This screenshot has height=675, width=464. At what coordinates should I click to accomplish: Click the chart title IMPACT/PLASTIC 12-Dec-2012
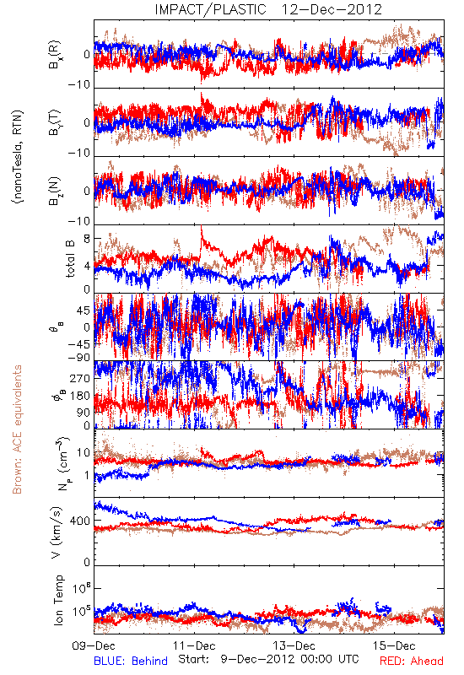pyautogui.click(x=268, y=9)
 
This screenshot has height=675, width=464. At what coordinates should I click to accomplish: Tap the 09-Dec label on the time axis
pyautogui.click(x=94, y=645)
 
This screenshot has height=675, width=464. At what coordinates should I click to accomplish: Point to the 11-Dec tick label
pyautogui.click(x=194, y=645)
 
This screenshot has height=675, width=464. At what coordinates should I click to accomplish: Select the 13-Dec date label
pyautogui.click(x=294, y=645)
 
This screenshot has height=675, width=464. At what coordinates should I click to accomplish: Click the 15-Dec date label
pyautogui.click(x=394, y=645)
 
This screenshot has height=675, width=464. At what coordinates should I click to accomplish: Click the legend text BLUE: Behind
pyautogui.click(x=131, y=661)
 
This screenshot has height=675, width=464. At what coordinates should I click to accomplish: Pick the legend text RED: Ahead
pyautogui.click(x=412, y=661)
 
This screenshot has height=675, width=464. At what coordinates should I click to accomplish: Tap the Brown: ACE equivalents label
pyautogui.click(x=17, y=429)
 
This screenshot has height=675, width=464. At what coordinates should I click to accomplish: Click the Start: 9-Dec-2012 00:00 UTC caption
pyautogui.click(x=268, y=659)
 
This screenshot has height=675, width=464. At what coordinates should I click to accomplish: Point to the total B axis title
pyautogui.click(x=70, y=259)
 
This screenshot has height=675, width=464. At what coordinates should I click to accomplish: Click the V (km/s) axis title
pyautogui.click(x=57, y=532)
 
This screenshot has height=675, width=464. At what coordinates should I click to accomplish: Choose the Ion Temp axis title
pyautogui.click(x=58, y=600)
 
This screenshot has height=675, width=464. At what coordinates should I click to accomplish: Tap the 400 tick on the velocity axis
pyautogui.click(x=80, y=521)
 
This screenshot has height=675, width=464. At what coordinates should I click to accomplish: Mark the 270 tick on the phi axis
pyautogui.click(x=80, y=378)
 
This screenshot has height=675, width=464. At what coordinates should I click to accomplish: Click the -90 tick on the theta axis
pyautogui.click(x=79, y=358)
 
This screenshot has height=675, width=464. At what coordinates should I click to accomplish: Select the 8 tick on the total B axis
pyautogui.click(x=87, y=240)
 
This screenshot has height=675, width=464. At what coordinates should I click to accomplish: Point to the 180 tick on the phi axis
pyautogui.click(x=80, y=396)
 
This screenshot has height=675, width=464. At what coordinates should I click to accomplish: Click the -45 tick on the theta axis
pyautogui.click(x=79, y=344)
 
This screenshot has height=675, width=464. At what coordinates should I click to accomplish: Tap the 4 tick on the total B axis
pyautogui.click(x=87, y=266)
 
